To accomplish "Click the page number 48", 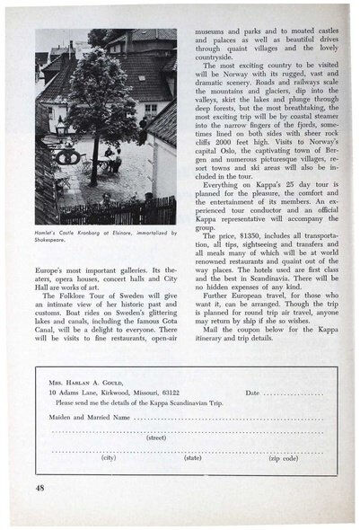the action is [41, 486].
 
